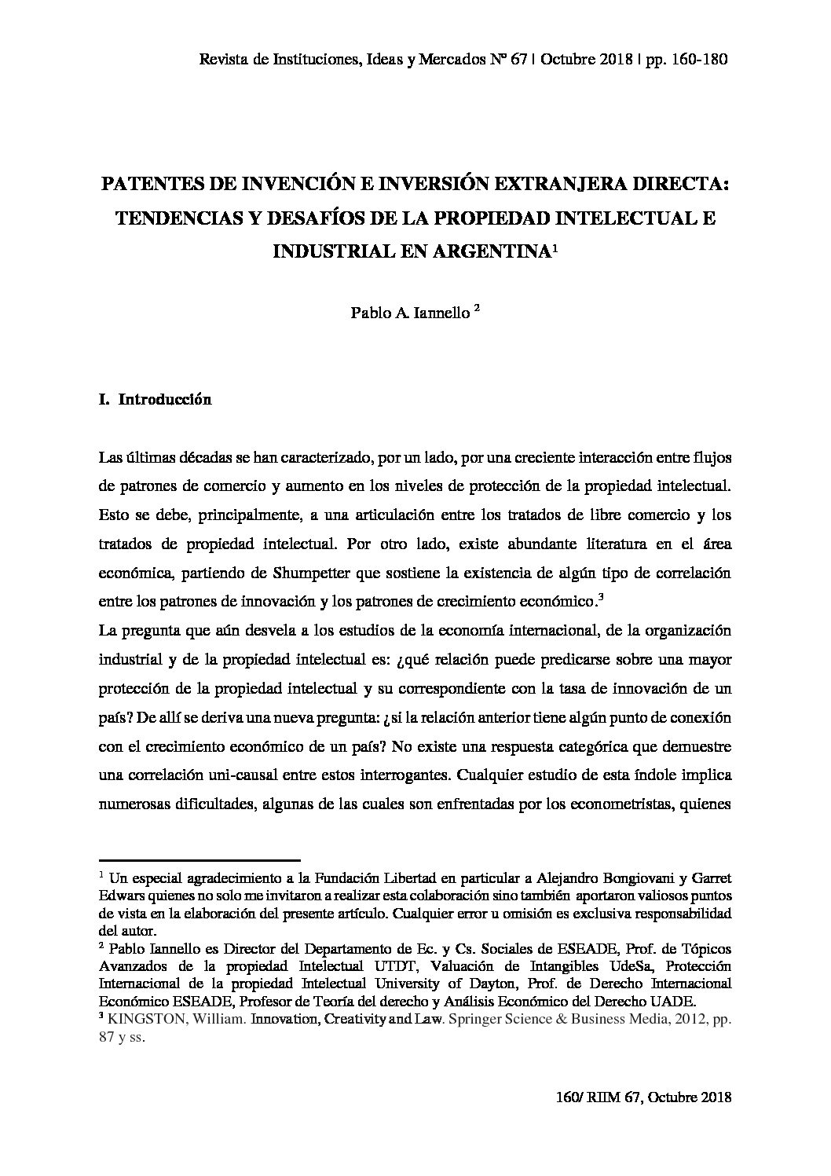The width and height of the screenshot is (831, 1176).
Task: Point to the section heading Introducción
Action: pyautogui.click(x=165, y=400)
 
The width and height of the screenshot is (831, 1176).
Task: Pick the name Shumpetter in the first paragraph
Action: pyautogui.click(x=303, y=573)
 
